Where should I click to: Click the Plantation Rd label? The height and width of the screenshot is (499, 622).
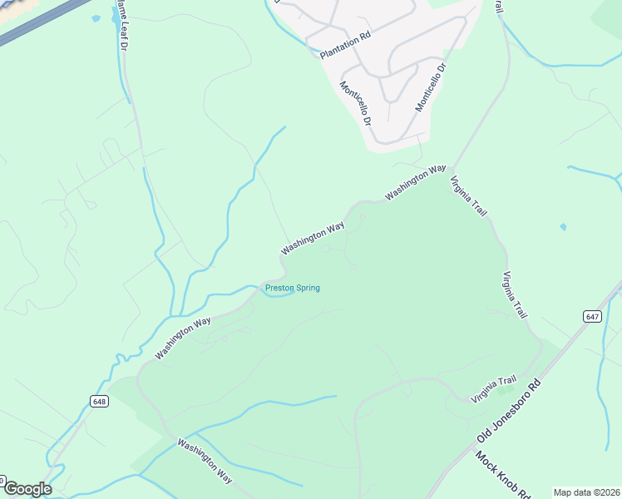tap(344, 46)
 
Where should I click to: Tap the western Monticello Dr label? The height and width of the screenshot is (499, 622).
tap(355, 103)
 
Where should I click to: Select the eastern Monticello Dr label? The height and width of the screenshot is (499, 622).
tap(432, 86)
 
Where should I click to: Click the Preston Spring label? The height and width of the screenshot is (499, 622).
tap(292, 289)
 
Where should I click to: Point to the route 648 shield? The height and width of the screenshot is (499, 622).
tap(100, 401)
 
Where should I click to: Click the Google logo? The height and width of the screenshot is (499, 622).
tap(27, 489)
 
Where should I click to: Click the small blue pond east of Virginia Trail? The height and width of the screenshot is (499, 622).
tap(564, 226)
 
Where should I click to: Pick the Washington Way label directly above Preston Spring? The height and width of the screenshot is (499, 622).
tap(313, 238)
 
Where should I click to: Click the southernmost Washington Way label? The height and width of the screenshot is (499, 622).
tap(205, 459)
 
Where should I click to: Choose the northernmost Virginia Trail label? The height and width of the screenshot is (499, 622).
tap(468, 196)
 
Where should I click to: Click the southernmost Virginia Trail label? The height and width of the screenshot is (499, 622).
tap(494, 390)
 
